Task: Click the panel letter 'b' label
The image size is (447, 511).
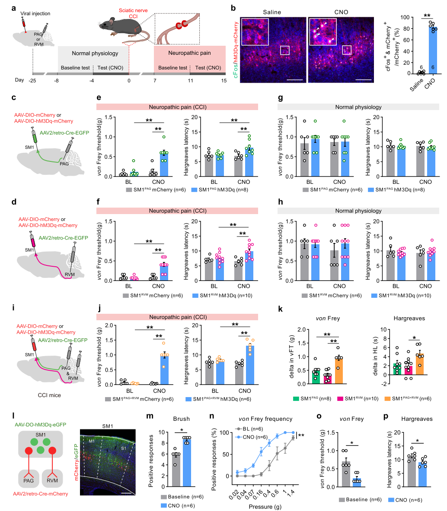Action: click(233, 8)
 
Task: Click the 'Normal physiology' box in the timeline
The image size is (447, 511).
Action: click(89, 54)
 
